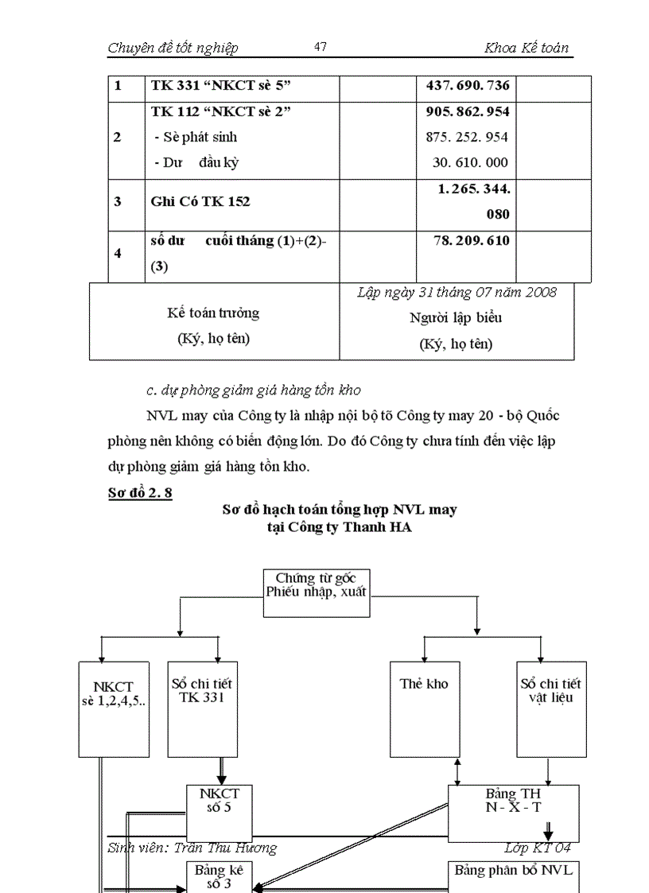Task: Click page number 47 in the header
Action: pos(321,48)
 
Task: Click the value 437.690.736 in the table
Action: pos(468,86)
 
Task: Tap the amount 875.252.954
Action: pos(467,137)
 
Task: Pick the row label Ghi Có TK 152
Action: pos(200,202)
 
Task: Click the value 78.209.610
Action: pos(472,240)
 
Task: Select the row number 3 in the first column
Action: pos(118,202)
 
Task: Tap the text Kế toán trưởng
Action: pos(213,313)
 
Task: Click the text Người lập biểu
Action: pos(456,318)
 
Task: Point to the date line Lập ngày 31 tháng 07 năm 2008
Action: pos(457,292)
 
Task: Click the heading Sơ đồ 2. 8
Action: pos(140,492)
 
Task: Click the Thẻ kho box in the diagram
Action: pos(424,708)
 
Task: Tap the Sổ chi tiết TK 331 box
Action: pos(202,708)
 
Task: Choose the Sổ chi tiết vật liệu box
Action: pos(550,708)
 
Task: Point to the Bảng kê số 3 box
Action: pos(220,876)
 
